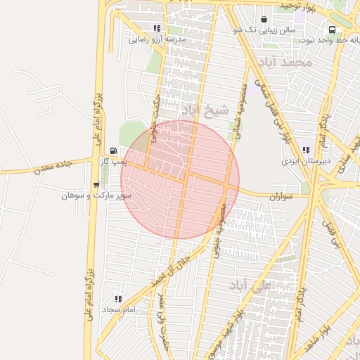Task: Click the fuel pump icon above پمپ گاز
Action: point(114,151)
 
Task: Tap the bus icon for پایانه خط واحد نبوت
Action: point(332,30)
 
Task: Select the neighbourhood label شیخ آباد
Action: point(205,110)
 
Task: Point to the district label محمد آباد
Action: point(285,63)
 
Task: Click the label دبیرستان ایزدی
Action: point(307,161)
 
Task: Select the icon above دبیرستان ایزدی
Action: point(307,150)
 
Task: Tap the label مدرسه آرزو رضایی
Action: point(157,40)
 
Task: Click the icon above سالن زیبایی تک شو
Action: point(264,20)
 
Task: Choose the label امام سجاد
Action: point(118,309)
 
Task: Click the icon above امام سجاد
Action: point(118,299)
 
